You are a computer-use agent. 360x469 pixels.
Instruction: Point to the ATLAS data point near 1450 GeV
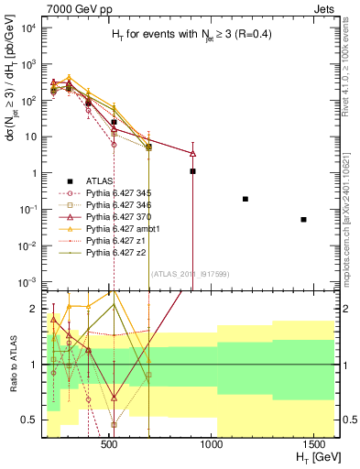pyautogui.click(x=304, y=220)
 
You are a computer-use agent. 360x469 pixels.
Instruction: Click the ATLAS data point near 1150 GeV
pyautogui.click(x=245, y=199)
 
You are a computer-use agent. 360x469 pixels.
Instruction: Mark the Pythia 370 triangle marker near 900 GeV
pyautogui.click(x=192, y=153)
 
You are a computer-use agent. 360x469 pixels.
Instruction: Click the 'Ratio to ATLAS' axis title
pyautogui.click(x=14, y=364)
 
